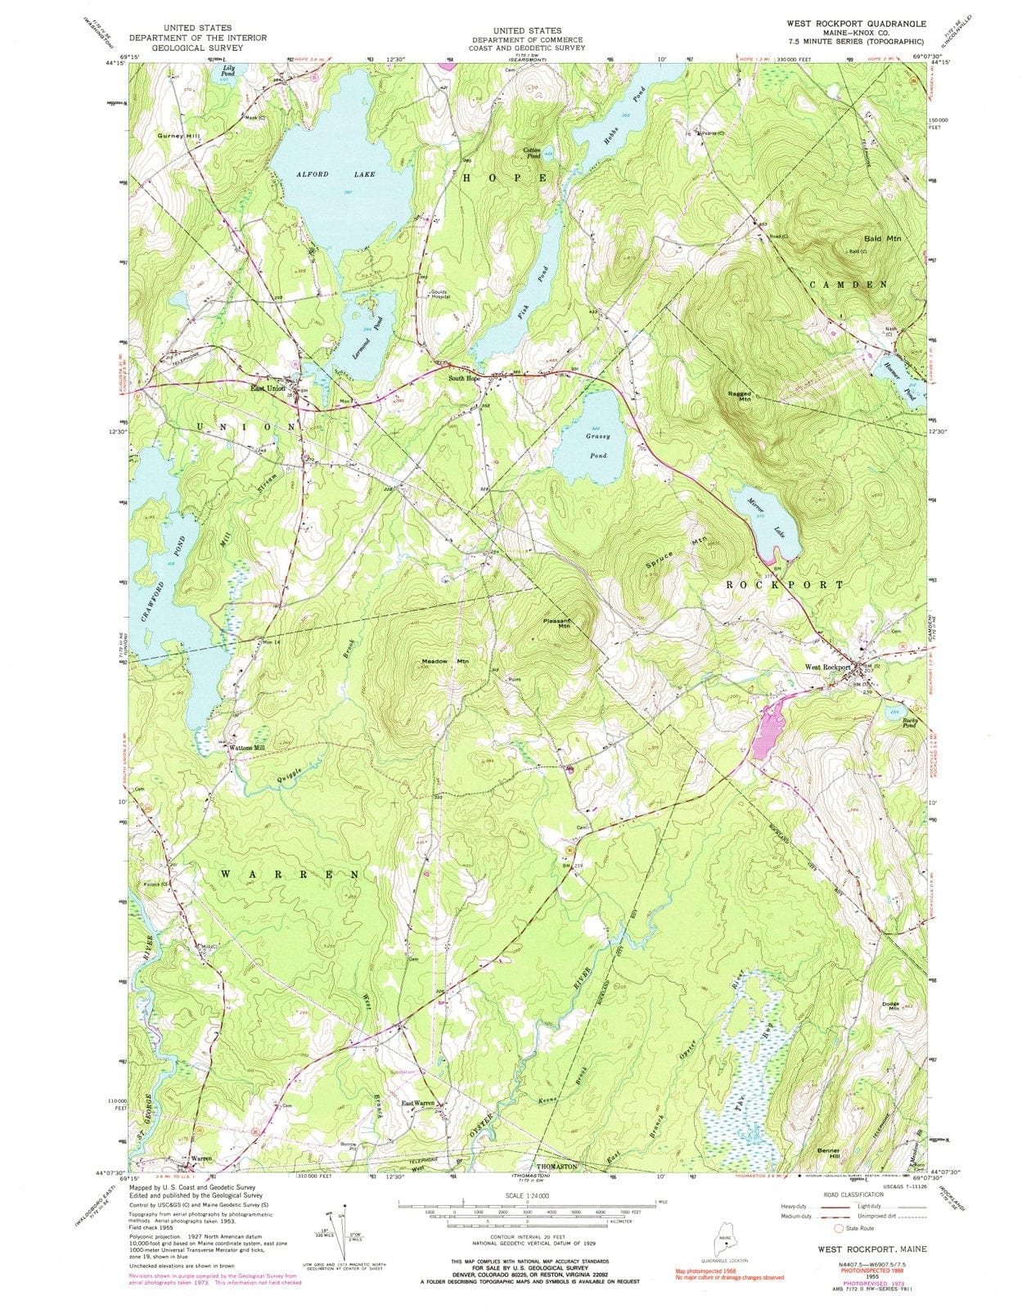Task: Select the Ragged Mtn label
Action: coord(740,396)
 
